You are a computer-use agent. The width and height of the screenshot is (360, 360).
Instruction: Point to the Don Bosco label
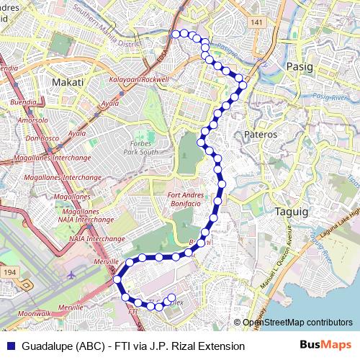[41, 138]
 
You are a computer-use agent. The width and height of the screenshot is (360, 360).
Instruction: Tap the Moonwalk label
[35, 314]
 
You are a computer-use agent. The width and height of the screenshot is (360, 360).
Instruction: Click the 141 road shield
[257, 24]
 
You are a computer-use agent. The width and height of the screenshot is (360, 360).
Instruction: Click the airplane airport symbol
[71, 274]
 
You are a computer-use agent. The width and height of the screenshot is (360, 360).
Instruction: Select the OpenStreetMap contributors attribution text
[297, 323]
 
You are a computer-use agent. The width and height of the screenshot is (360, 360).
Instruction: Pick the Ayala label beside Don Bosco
[77, 133]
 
